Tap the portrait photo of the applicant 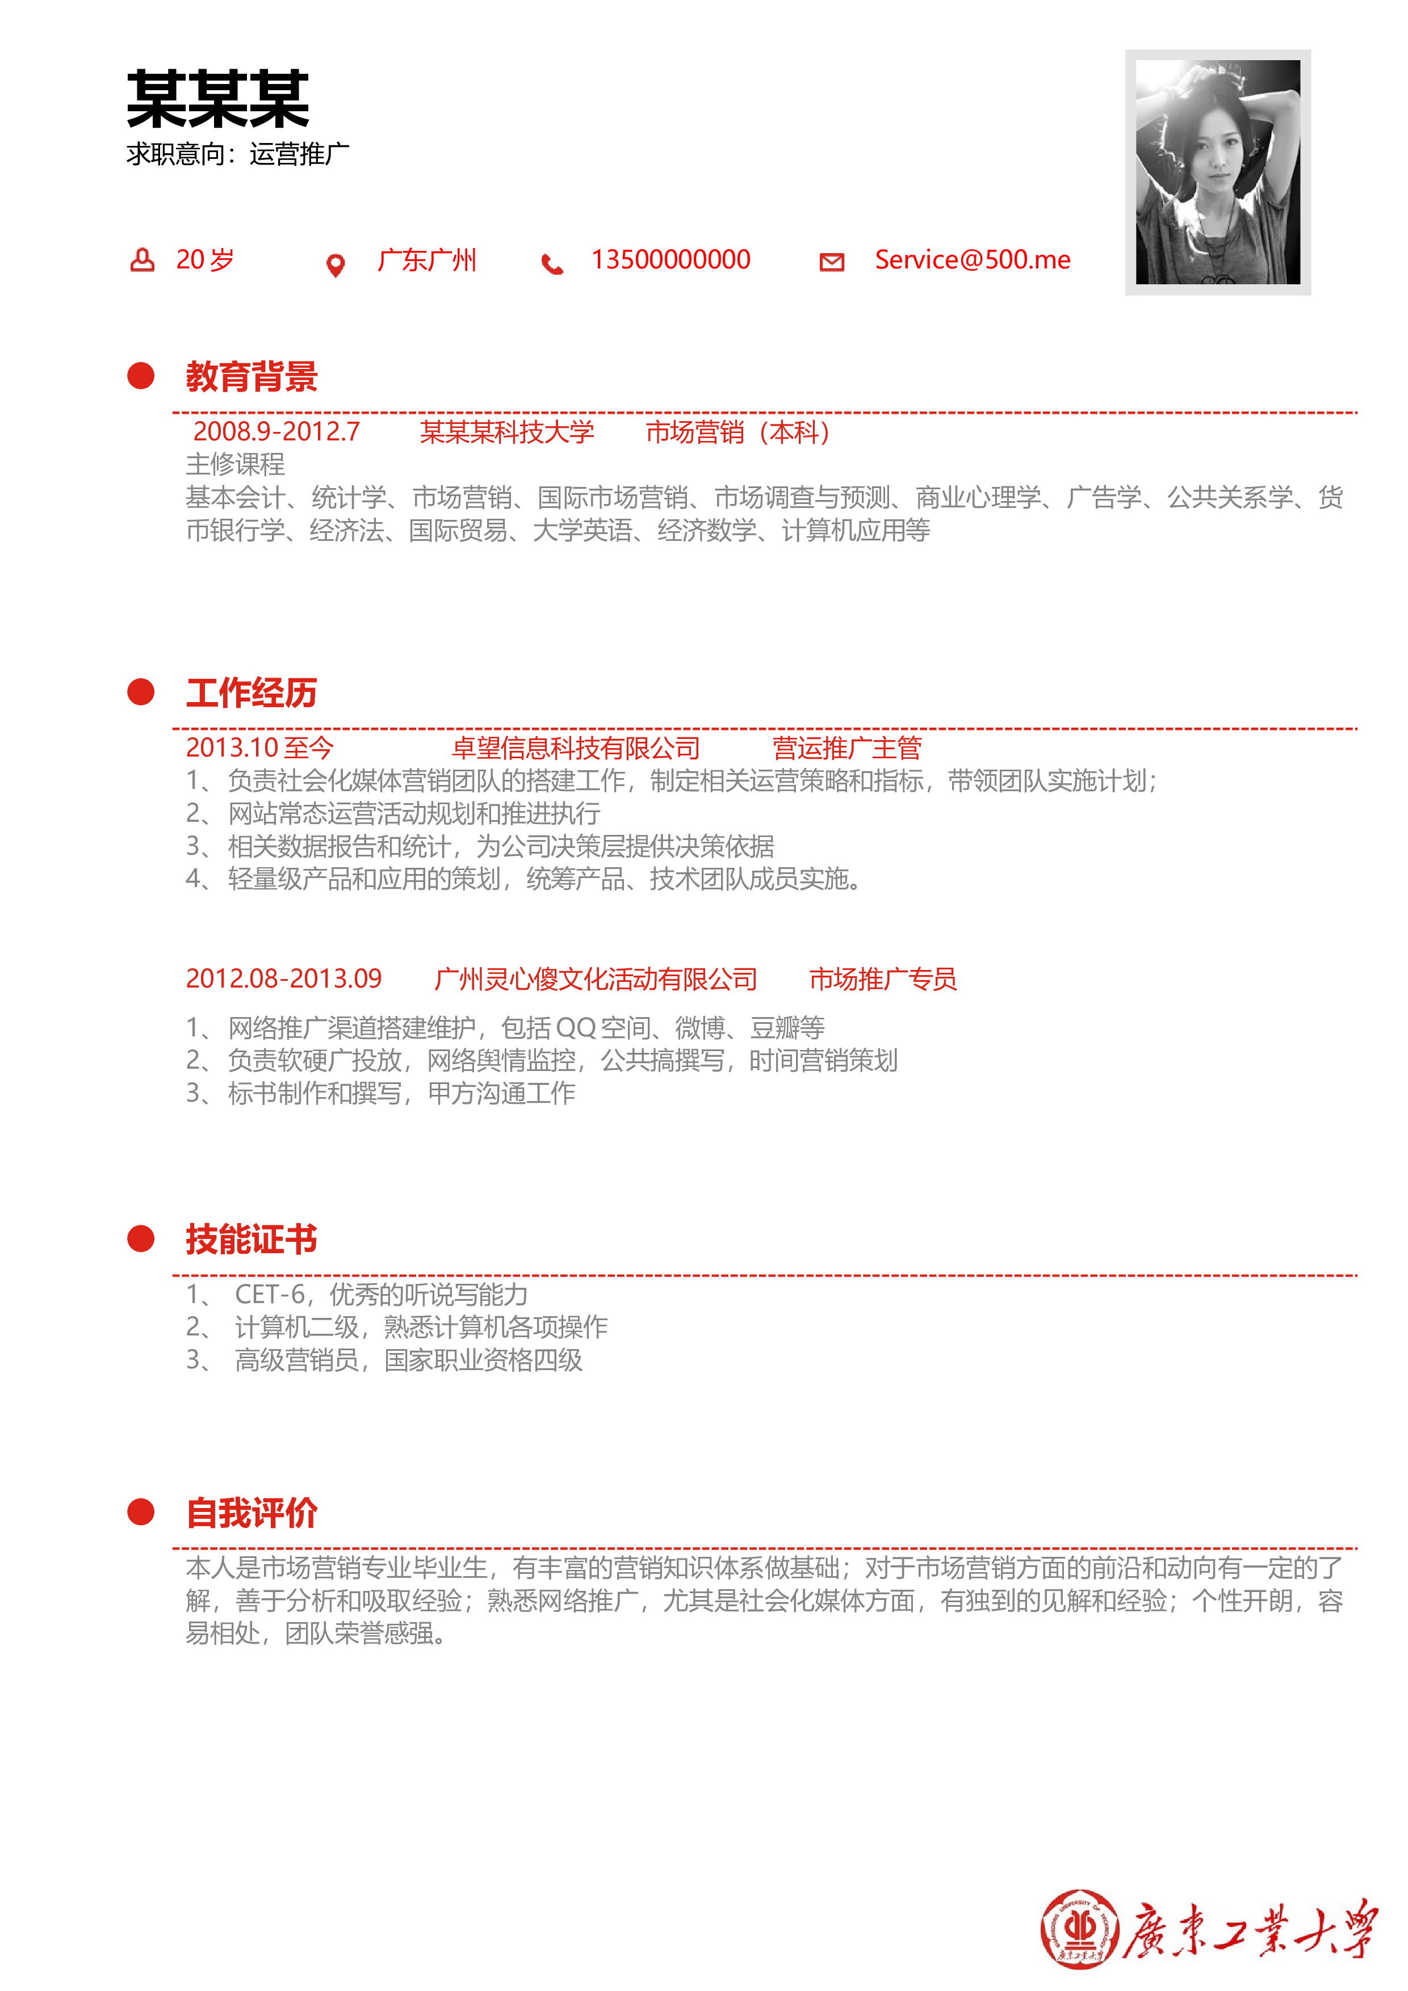1218,172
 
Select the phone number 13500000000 671,259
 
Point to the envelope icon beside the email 832,262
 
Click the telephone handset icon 552,263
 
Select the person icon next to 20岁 143,259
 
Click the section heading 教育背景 252,376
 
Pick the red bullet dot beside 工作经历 141,692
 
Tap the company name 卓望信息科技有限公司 576,747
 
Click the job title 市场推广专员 883,979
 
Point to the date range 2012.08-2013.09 284,979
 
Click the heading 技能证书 252,1239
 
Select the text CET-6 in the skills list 270,1295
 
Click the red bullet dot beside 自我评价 141,1513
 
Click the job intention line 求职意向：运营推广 238,154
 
